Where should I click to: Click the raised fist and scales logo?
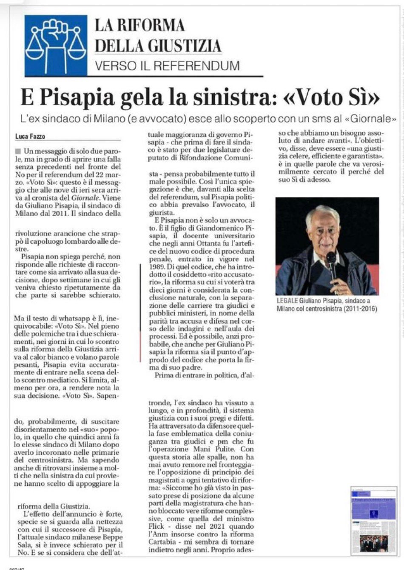tap(55, 44)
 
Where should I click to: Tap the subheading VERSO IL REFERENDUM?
tap(167, 66)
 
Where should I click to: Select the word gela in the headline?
tap(136, 98)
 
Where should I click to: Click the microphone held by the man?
tap(331, 260)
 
